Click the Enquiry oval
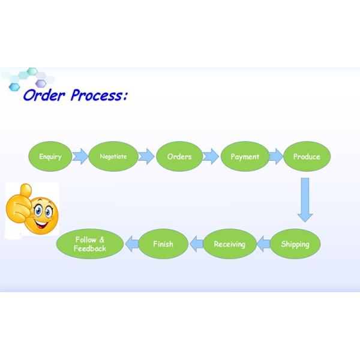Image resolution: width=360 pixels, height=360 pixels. pos(50,157)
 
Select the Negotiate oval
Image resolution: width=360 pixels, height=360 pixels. pos(113,157)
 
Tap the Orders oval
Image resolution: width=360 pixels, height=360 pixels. pos(179,157)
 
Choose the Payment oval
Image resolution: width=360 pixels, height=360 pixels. pos(245,157)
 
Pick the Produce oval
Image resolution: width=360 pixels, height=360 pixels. pos(307,157)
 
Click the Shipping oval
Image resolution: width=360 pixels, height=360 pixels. pos(295,244)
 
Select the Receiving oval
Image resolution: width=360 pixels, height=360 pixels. pos(229,244)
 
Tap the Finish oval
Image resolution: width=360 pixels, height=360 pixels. pos(163,244)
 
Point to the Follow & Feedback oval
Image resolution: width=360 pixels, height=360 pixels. pos(90,244)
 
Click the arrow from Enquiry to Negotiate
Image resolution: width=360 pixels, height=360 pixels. pos(80,157)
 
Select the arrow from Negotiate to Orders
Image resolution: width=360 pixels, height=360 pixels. pos(146,157)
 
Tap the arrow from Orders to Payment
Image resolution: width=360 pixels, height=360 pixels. pos(211,157)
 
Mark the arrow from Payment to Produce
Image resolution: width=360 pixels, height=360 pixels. pos(275,157)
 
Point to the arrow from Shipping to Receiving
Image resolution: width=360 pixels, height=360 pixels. pos(263,244)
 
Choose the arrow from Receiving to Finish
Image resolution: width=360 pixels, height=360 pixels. pos(196,244)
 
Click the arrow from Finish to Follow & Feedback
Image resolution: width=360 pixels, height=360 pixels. pos(131,244)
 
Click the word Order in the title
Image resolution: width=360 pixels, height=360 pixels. pos(44,95)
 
